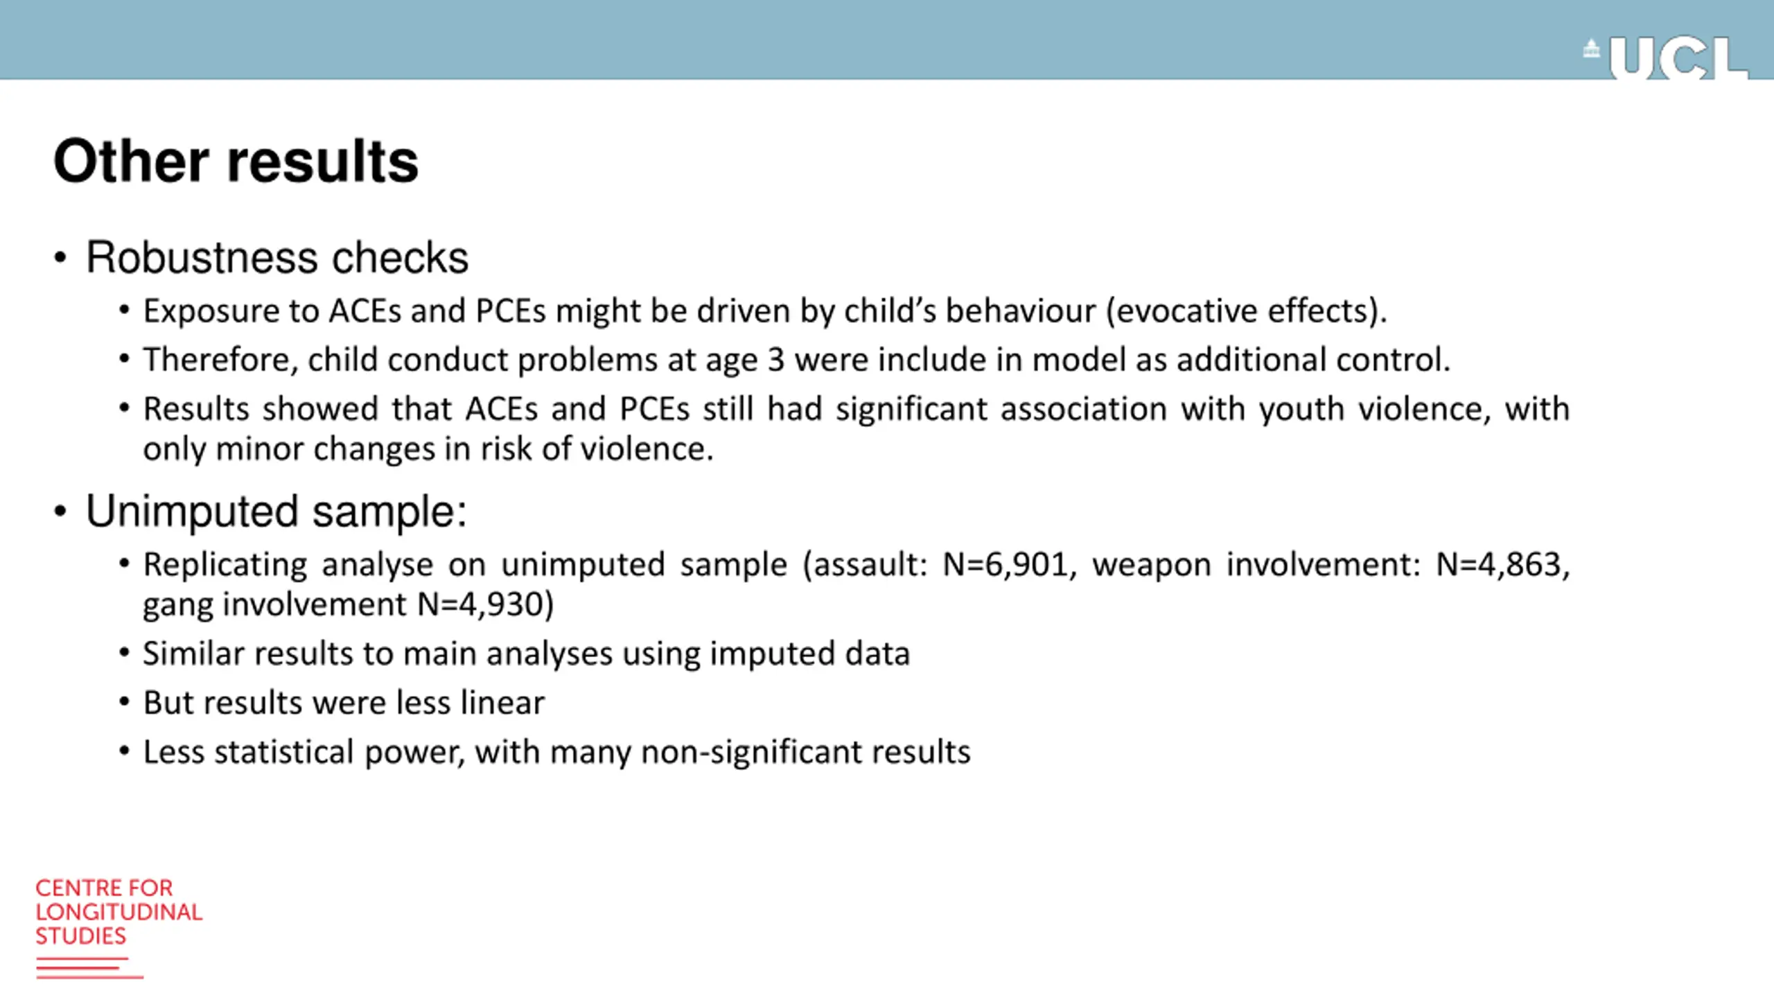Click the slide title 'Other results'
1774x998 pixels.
[x=236, y=161]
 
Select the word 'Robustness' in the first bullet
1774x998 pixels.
[x=202, y=258]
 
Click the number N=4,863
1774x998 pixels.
[x=1501, y=565]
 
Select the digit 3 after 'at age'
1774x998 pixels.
[x=775, y=360]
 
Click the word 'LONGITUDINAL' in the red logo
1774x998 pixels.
[x=119, y=912]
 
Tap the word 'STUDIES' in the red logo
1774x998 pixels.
[x=81, y=936]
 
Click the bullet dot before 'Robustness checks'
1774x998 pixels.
[x=60, y=258]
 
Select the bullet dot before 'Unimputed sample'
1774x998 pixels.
[x=60, y=511]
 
